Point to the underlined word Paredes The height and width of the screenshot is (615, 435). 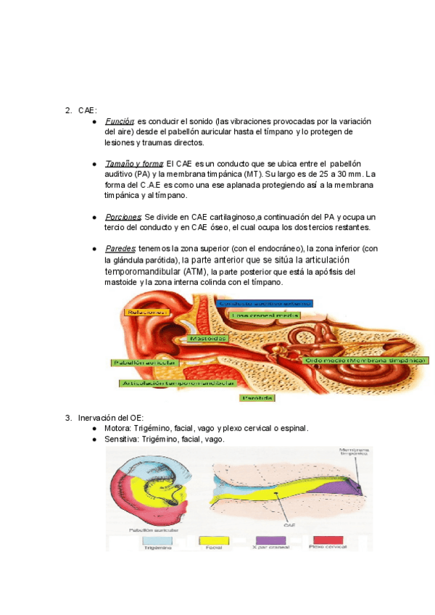tap(120, 249)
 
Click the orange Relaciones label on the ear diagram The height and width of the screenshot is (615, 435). tap(147, 312)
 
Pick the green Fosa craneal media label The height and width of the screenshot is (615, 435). tap(265, 315)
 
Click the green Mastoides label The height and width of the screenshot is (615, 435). tap(209, 338)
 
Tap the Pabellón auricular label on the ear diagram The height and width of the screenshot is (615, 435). tap(142, 361)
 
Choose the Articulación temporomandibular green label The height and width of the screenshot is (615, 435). tap(178, 382)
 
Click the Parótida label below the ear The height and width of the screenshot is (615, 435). tap(257, 397)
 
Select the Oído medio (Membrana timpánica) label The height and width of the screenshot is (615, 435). tap(365, 360)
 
